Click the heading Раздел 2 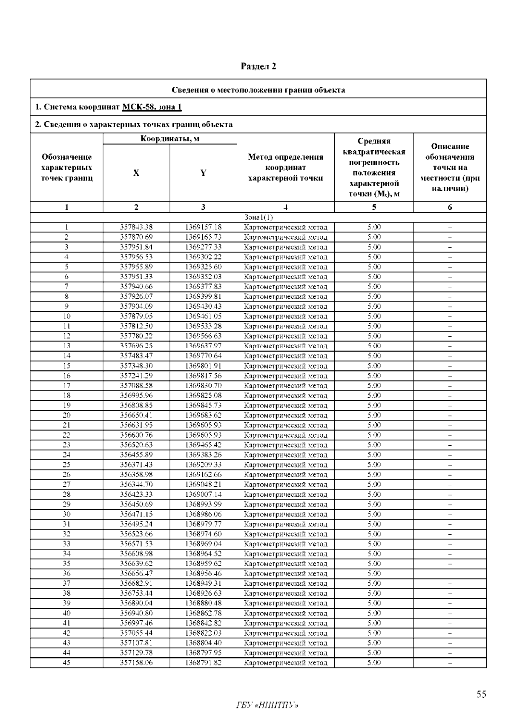258,66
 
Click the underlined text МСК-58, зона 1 152,107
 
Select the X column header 136,173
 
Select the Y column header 203,173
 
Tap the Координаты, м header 170,139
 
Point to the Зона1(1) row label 258,218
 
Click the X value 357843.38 136,227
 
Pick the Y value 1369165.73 203,237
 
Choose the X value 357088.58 136,386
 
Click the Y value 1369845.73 203,405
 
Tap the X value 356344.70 136,484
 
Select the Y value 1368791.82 203,663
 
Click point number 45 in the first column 66,663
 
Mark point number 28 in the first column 66,494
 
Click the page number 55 481,695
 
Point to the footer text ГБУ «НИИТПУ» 267,706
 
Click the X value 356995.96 136,395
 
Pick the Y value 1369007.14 203,494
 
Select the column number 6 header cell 450,207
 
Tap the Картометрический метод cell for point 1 285,227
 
